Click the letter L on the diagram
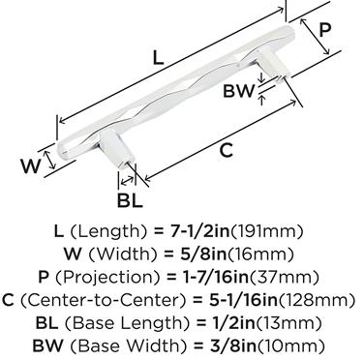point(158,58)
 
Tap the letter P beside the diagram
point(325,31)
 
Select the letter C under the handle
point(226,150)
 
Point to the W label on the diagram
point(31,166)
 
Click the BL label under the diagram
point(130,200)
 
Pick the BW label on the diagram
point(239,91)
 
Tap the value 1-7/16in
point(213,277)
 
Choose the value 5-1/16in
point(241,300)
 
